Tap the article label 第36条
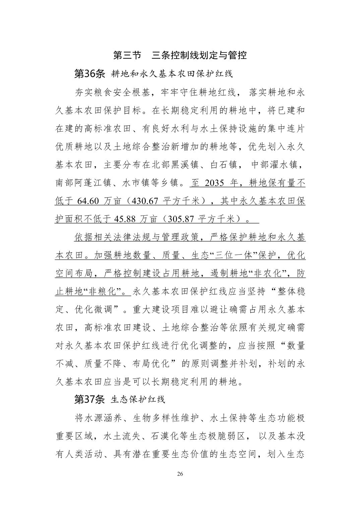(x=89, y=74)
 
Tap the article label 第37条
(x=89, y=399)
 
